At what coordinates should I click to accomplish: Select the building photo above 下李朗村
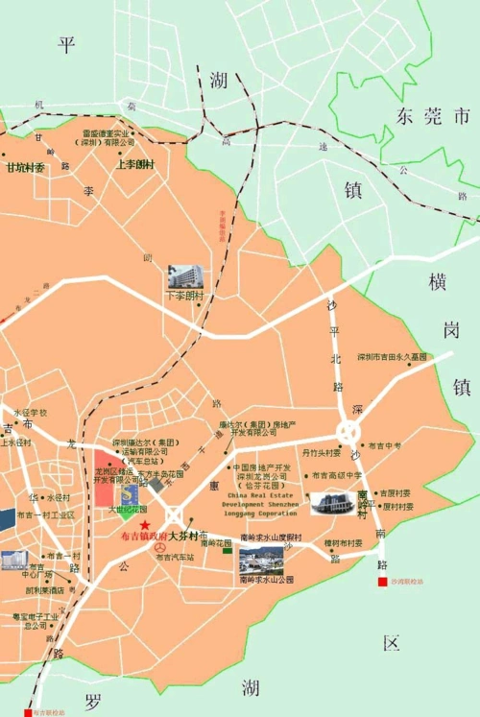(x=186, y=277)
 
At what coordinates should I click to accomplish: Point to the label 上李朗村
(x=134, y=164)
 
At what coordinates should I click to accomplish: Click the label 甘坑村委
(x=26, y=167)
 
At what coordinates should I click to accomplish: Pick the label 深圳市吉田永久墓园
(x=391, y=356)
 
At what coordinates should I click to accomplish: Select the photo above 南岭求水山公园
(x=260, y=559)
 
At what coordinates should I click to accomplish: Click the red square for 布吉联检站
(x=29, y=711)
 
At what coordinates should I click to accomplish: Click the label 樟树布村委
(x=343, y=543)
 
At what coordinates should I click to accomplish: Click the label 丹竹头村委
(x=323, y=450)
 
